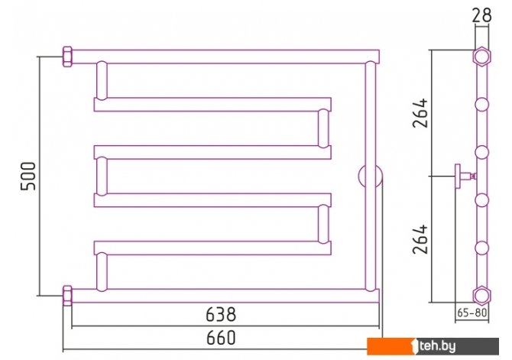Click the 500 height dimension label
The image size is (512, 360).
click(28, 176)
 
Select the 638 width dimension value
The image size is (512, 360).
click(221, 315)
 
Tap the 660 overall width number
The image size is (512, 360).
click(221, 338)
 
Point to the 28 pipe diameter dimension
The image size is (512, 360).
click(482, 15)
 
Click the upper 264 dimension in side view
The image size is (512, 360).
click(420, 112)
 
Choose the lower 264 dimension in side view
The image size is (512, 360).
click(420, 238)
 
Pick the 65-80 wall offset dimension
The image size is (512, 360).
click(471, 313)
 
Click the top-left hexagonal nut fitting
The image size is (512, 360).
click(67, 57)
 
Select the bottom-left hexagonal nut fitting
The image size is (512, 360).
click(67, 296)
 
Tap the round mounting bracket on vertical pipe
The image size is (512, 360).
click(371, 176)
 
